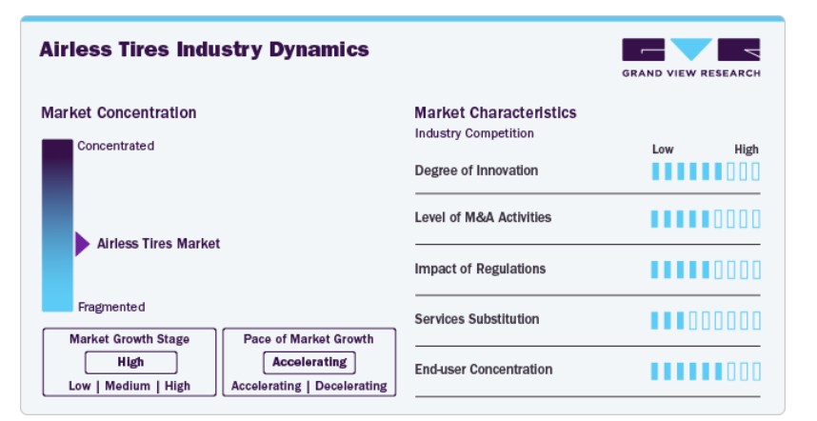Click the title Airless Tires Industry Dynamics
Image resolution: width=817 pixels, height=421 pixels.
204,50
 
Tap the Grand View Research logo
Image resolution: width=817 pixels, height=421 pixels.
691,58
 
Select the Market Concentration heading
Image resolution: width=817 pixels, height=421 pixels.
119,112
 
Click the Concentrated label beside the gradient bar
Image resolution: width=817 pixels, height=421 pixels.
115,146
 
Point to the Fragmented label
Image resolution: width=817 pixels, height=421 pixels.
111,307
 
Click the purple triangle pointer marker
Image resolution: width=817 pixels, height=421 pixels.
82,244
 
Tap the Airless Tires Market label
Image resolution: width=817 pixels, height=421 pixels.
158,243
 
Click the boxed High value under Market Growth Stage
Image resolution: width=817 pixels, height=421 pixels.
130,362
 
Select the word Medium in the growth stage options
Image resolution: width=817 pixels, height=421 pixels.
128,386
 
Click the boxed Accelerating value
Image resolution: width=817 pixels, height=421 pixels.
309,362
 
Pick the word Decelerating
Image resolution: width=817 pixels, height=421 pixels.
351,386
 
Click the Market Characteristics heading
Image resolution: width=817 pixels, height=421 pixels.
495,112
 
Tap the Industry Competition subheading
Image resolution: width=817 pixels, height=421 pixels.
474,133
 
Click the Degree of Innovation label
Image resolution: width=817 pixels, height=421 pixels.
476,170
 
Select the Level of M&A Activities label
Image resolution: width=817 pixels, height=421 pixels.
483,217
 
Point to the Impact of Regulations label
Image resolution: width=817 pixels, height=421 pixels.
480,269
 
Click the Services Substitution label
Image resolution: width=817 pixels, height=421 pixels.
477,319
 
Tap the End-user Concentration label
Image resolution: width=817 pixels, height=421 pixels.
484,370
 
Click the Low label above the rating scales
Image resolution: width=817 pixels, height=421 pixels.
663,150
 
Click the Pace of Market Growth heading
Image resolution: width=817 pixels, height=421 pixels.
309,339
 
